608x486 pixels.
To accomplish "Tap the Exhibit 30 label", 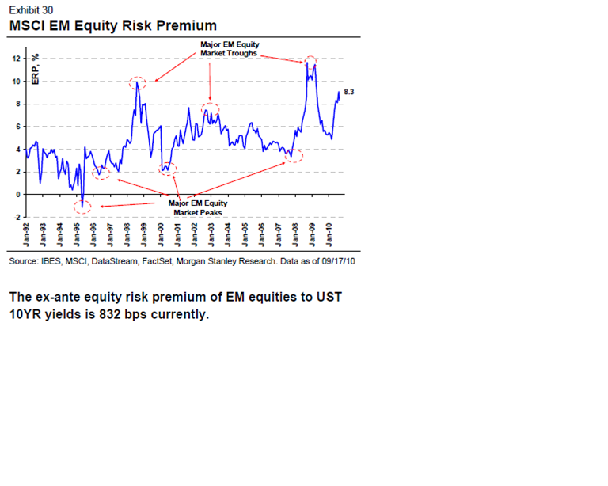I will coord(30,10).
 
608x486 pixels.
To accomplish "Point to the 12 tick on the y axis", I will coord(18,59).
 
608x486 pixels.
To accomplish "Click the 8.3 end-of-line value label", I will coord(349,93).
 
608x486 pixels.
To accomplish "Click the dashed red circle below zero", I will coord(83,207).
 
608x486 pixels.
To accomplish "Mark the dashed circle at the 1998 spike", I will coord(137,82).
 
